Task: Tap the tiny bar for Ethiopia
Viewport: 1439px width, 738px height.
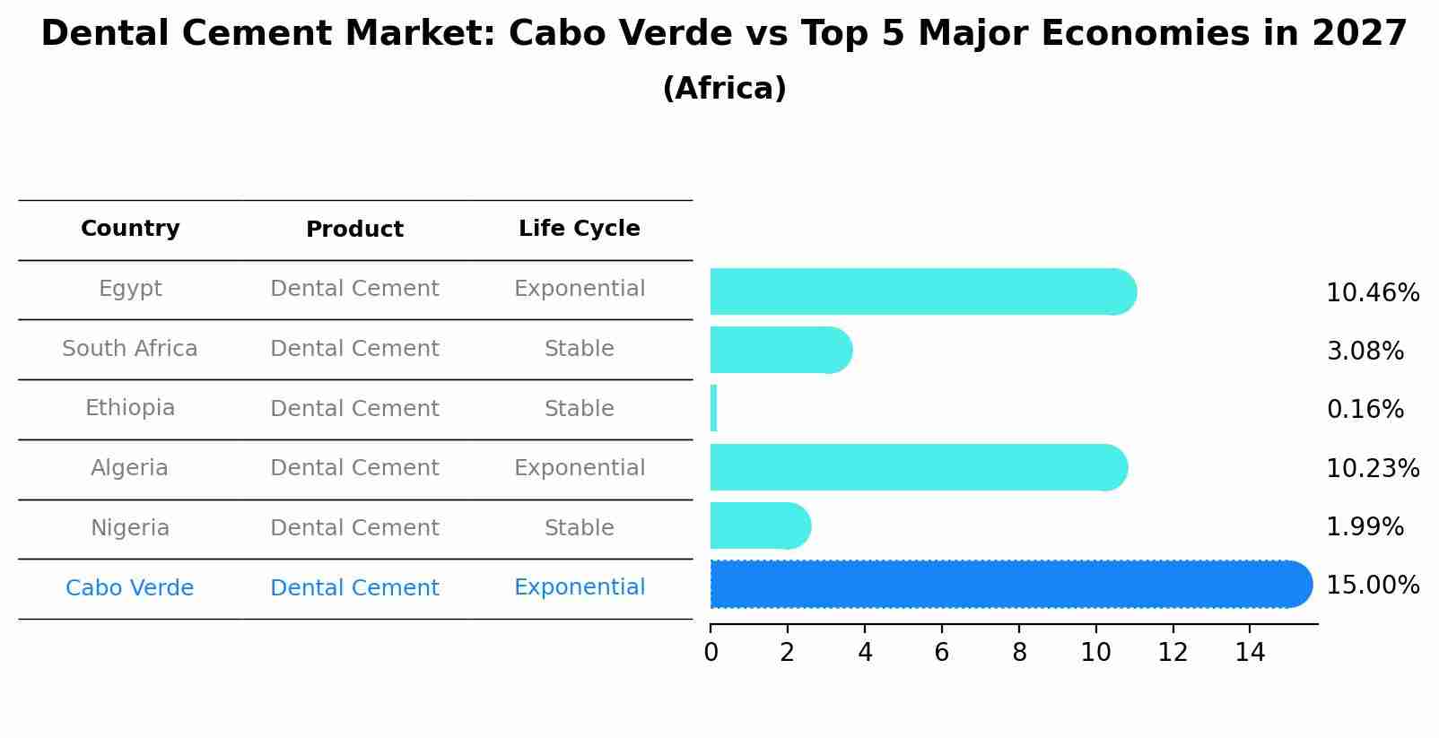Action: [713, 409]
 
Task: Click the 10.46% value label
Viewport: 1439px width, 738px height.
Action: [1372, 293]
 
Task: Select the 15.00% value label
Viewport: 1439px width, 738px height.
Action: [1372, 586]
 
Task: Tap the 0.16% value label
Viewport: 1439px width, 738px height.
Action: [1365, 410]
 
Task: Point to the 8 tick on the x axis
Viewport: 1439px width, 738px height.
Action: [1019, 652]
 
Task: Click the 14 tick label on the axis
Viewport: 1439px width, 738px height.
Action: [1250, 652]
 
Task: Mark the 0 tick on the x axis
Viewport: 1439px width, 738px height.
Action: [711, 652]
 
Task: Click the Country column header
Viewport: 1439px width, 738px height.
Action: [130, 229]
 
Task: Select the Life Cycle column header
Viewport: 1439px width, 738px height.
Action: [579, 229]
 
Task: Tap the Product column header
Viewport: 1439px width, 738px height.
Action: [354, 230]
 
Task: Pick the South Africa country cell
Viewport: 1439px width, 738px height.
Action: [130, 349]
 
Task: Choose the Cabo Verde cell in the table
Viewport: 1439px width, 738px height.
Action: [130, 588]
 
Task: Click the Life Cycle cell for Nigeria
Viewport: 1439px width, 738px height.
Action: [579, 528]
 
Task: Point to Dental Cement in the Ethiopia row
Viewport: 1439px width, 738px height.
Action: [354, 409]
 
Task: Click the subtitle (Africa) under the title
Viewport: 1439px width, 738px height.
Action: [724, 89]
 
